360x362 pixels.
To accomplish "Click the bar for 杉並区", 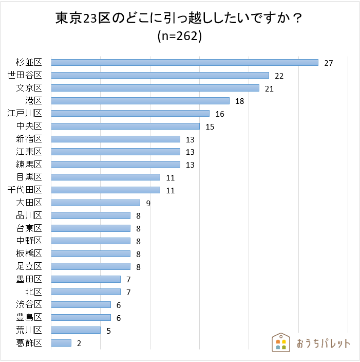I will pyautogui.click(x=185, y=63).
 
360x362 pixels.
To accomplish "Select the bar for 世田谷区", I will pyautogui.click(x=160, y=76).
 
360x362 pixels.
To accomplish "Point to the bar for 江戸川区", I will pyautogui.click(x=130, y=114).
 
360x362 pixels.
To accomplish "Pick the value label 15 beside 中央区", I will pyautogui.click(x=210, y=126).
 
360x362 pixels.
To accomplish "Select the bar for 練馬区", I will pyautogui.click(x=116, y=165).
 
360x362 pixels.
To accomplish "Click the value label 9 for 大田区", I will pyautogui.click(x=148, y=203).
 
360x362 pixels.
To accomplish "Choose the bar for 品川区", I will pyautogui.click(x=91, y=215).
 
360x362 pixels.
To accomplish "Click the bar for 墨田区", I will pyautogui.click(x=86, y=279).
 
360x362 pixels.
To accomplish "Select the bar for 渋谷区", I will pyautogui.click(x=81, y=305).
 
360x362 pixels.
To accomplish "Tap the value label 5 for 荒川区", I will pyautogui.click(x=108, y=331).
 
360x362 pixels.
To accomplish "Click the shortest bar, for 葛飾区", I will pyautogui.click(x=61, y=343).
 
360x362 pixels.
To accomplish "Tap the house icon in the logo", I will pyautogui.click(x=280, y=343).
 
